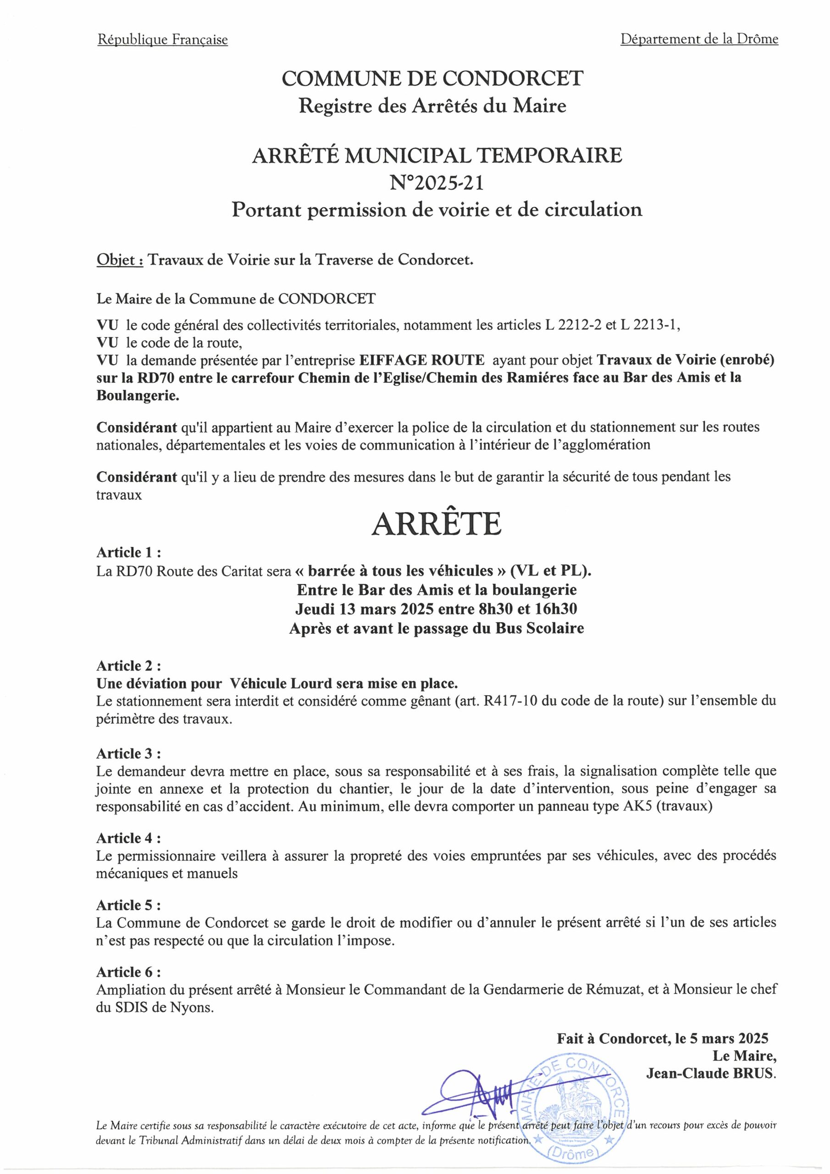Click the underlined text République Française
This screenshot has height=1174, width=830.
(x=163, y=40)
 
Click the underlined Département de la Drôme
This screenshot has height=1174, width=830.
(x=699, y=39)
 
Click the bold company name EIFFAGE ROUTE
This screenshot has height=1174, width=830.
(x=421, y=360)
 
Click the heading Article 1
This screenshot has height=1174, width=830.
(x=128, y=553)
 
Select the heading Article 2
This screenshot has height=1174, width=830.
(x=128, y=666)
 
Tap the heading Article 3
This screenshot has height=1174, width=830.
(x=128, y=753)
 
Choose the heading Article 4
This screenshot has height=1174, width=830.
(x=128, y=839)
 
